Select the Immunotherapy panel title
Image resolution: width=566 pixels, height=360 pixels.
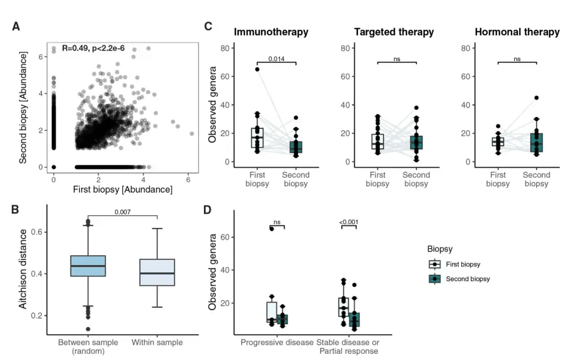[x=271, y=32]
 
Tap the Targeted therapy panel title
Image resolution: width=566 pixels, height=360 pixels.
[x=394, y=32]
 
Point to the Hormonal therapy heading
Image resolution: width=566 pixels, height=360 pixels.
[x=517, y=32]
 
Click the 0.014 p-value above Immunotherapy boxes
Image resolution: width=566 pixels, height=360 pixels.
[x=276, y=59]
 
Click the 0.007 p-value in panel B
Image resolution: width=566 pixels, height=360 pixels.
[x=123, y=212]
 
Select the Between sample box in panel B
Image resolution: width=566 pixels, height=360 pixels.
[x=88, y=266]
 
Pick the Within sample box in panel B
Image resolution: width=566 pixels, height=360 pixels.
[x=157, y=272]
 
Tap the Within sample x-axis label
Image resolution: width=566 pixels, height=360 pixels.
[x=157, y=342]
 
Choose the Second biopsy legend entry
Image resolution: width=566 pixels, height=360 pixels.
[x=467, y=279]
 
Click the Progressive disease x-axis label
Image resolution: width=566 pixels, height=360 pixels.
[x=277, y=342]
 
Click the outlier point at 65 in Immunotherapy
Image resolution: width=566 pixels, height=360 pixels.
[x=257, y=69]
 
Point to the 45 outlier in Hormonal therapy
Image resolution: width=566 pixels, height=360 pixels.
[x=536, y=97]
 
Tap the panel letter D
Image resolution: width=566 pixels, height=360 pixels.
[x=208, y=210]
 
